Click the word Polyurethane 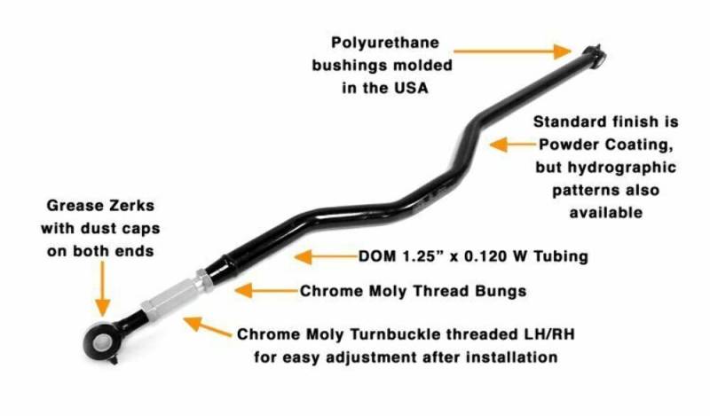coord(385,43)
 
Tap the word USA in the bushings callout coord(411,87)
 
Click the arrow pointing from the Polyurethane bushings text coord(513,51)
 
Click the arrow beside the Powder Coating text coord(513,145)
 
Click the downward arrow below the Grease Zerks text coord(103,288)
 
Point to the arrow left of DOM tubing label coord(326,256)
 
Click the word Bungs coord(501,291)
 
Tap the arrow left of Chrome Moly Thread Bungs coord(266,291)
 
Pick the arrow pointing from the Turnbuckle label coord(207,326)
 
